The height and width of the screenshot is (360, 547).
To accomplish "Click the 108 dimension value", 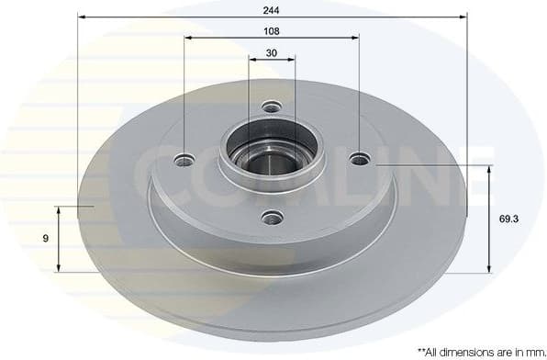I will pyautogui.click(x=271, y=30).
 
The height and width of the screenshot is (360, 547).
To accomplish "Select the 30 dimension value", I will pyautogui.click(x=272, y=52).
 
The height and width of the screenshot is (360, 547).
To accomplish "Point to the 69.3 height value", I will pyautogui.click(x=504, y=219).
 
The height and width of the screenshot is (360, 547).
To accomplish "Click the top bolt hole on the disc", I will pyautogui.click(x=271, y=107).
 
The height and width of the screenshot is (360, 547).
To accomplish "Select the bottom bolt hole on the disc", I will pyautogui.click(x=271, y=217).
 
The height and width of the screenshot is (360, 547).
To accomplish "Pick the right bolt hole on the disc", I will pyautogui.click(x=359, y=159).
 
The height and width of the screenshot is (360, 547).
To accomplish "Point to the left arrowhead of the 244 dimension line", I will pyautogui.click(x=81, y=17).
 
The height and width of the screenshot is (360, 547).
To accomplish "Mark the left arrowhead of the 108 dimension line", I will pyautogui.click(x=188, y=39).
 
